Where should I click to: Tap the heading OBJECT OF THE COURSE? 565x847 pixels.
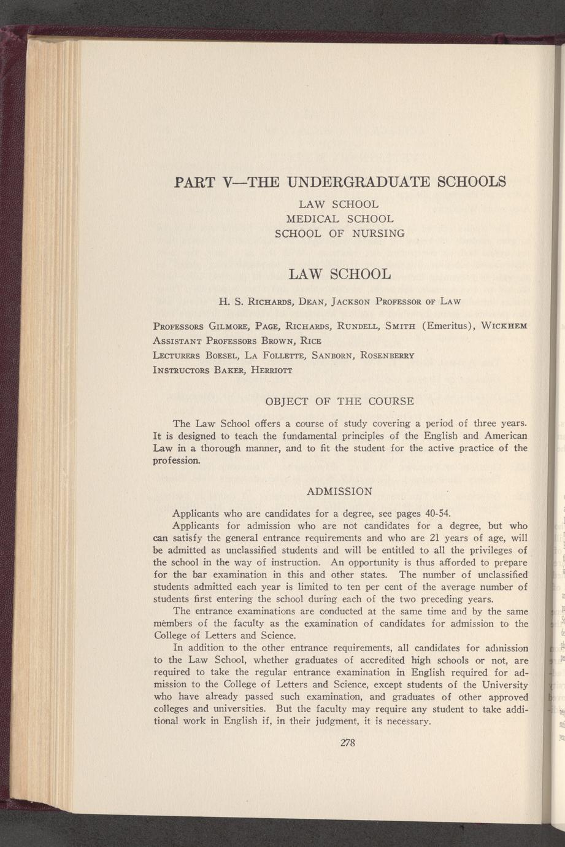339,401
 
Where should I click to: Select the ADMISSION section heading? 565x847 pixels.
339,491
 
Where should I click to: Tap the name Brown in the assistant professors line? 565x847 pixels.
281,341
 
